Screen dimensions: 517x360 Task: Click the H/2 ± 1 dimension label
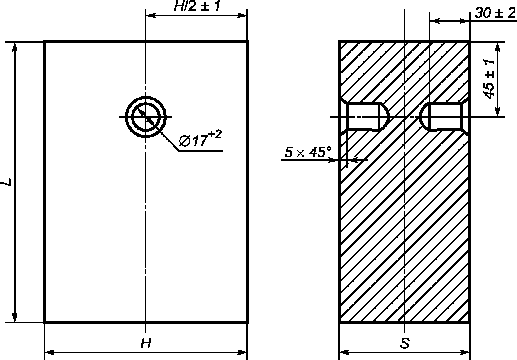(x=197, y=6)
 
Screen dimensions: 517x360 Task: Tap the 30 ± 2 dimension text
(x=495, y=13)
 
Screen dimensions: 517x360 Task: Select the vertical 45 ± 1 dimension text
(x=489, y=79)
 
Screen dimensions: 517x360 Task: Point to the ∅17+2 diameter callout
(x=200, y=139)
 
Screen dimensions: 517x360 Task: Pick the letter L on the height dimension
(x=7, y=181)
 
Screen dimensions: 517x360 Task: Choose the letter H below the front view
(x=146, y=343)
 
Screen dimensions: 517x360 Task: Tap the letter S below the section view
(x=405, y=343)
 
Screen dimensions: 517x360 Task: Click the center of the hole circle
(x=146, y=117)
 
